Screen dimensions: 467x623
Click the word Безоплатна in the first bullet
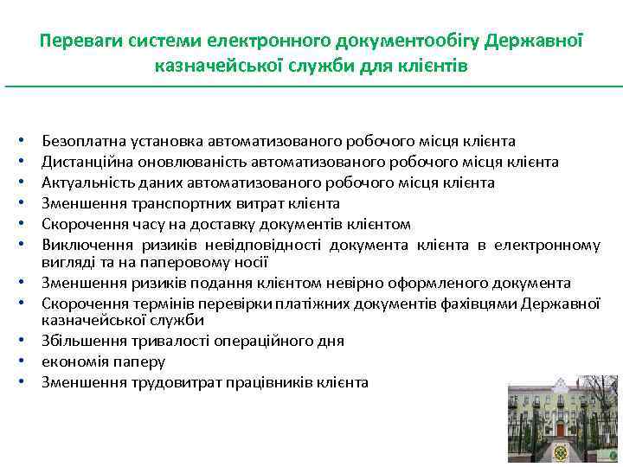(80, 141)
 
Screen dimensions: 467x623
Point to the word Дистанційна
(85, 162)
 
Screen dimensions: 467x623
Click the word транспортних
(167, 203)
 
